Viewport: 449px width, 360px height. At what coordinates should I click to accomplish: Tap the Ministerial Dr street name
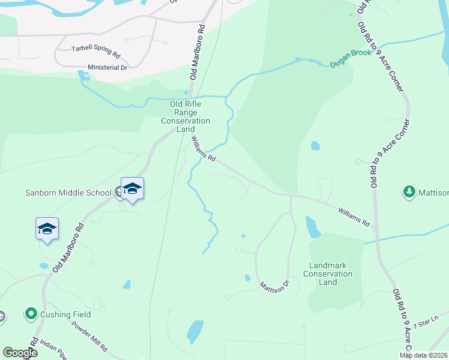point(107,67)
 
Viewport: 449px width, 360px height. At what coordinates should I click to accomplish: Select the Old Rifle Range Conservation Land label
point(185,116)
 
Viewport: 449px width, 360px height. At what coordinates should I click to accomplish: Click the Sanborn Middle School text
point(67,193)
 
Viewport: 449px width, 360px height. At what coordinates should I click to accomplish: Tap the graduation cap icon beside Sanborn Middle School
point(132,190)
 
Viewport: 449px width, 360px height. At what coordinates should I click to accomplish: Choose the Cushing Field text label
point(65,314)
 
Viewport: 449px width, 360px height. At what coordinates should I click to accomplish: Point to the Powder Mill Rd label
point(89,338)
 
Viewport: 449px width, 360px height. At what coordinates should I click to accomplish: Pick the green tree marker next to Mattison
point(409,192)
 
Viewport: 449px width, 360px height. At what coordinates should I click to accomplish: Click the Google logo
point(20,353)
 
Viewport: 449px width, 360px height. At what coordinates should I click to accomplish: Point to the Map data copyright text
point(423,355)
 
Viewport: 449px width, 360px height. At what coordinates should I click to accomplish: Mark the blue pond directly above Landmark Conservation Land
point(312,227)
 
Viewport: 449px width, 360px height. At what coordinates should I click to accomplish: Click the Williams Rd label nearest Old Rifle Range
point(203,149)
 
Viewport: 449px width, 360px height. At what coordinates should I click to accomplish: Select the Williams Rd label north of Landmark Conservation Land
point(353,217)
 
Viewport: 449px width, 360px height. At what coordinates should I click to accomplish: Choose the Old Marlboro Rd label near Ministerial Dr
point(197,52)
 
